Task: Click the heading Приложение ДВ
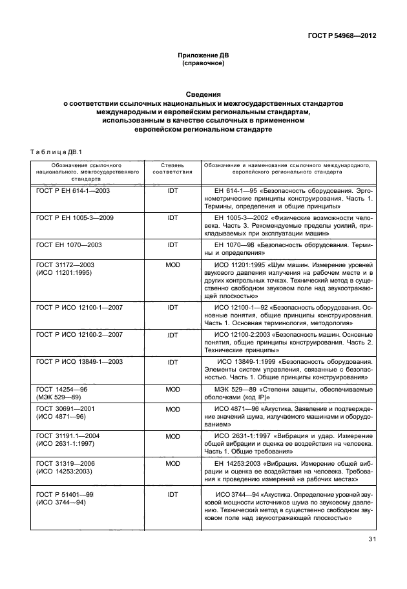pyautogui.click(x=203, y=56)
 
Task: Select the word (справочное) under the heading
pyautogui.click(x=203, y=65)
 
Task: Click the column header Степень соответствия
pyautogui.click(x=172, y=170)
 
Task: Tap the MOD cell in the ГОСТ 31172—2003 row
pyautogui.click(x=172, y=266)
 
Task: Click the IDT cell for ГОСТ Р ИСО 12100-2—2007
pyautogui.click(x=172, y=335)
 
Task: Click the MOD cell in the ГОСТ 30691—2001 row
pyautogui.click(x=172, y=409)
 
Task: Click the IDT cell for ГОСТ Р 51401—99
pyautogui.click(x=172, y=494)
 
